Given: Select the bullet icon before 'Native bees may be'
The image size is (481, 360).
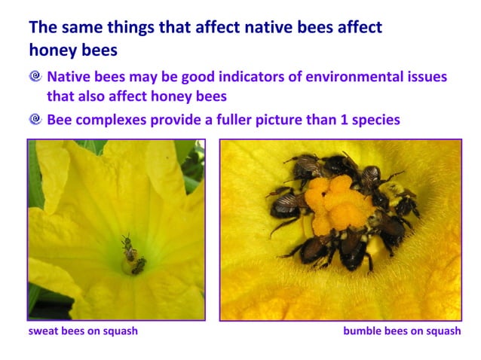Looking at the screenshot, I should [35, 77].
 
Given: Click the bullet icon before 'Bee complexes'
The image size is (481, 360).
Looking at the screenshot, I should [35, 120].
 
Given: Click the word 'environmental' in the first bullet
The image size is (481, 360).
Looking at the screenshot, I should [338, 77].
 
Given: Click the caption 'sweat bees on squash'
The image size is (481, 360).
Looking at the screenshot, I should [83, 331].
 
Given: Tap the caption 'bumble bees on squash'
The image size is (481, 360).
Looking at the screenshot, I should [402, 331].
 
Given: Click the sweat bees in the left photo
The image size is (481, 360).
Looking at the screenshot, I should [133, 255].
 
